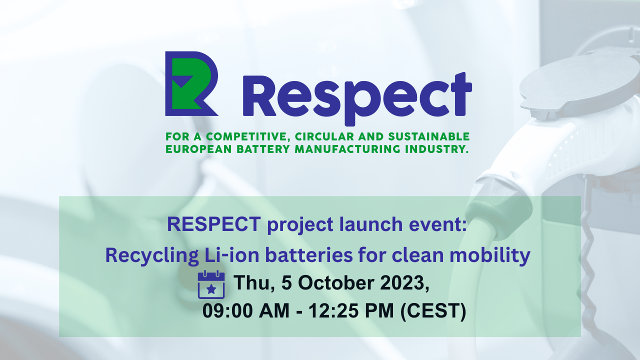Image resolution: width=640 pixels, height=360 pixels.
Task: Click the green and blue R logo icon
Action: (191, 83)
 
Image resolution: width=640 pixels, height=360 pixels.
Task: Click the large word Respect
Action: (357, 98)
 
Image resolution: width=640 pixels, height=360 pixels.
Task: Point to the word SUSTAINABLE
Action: (429, 136)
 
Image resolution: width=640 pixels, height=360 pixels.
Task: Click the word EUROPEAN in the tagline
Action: (198, 149)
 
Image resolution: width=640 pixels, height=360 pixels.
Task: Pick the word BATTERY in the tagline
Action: (263, 149)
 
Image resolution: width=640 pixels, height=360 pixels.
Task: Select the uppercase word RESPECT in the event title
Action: (214, 224)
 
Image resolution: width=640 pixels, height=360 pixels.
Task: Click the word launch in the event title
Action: (371, 224)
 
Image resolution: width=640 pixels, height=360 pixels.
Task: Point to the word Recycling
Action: (152, 255)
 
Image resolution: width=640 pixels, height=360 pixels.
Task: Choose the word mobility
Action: (489, 255)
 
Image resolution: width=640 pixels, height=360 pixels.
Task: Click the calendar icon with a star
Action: (211, 284)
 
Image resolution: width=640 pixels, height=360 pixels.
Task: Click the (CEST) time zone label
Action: (433, 311)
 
